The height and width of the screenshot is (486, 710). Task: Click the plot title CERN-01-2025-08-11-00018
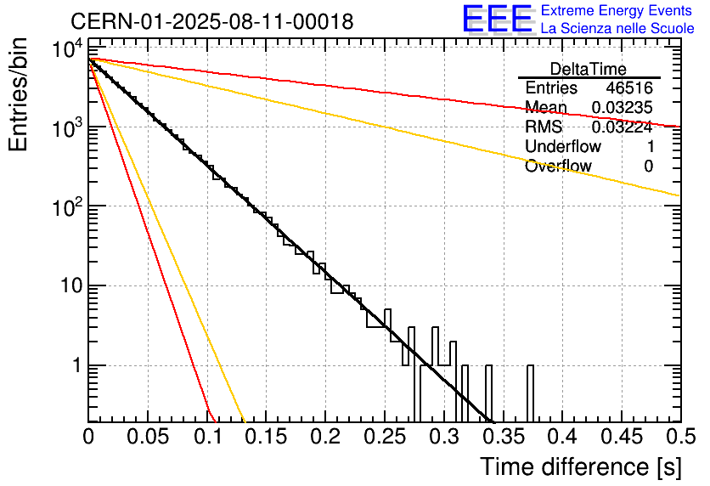212,21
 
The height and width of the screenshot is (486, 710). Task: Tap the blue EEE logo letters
498,19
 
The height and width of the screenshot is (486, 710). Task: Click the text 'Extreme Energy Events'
617,10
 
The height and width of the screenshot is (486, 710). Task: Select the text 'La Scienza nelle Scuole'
617,29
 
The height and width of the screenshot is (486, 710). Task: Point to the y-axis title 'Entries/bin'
18,95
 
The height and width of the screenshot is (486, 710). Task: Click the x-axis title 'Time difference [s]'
581,466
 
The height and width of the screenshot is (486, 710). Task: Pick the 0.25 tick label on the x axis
386,437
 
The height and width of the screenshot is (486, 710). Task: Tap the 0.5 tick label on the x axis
681,437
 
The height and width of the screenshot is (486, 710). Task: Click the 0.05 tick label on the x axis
148,437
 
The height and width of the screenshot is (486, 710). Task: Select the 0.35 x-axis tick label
504,437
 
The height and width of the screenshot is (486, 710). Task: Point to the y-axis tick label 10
71,286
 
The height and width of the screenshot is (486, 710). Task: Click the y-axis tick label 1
77,365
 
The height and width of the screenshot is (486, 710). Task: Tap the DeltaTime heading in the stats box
589,69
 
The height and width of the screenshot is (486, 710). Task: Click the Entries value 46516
629,88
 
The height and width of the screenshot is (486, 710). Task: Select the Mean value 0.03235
623,107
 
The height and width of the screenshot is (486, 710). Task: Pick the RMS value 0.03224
623,127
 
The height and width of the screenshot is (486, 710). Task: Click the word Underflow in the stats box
563,146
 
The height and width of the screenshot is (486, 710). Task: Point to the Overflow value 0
649,167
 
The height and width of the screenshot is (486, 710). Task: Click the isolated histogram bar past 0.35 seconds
530,393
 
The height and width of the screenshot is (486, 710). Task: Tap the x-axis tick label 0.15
267,437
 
